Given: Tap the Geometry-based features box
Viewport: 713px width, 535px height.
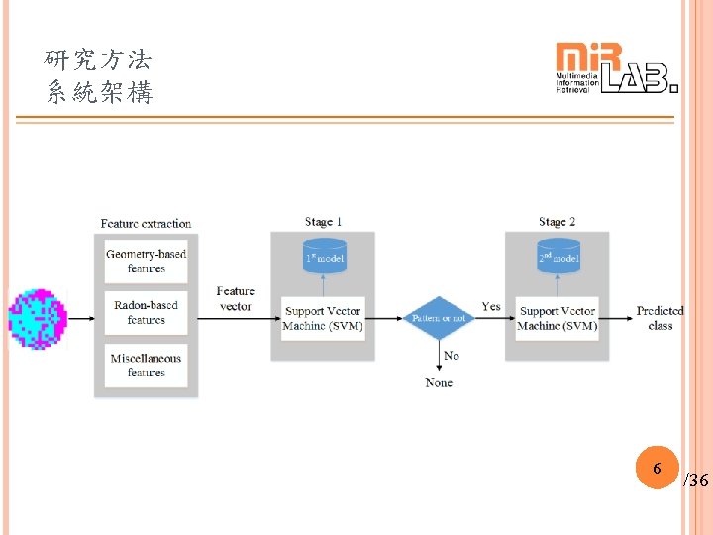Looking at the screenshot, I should pyautogui.click(x=146, y=262).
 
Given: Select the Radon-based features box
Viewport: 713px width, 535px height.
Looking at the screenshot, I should pyautogui.click(x=146, y=313).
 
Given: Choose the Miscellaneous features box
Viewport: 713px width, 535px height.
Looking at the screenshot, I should pyautogui.click(x=146, y=366).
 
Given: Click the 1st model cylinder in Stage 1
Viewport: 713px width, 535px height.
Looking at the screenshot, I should pyautogui.click(x=323, y=258).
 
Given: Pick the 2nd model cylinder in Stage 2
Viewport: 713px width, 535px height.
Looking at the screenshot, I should pyautogui.click(x=558, y=258).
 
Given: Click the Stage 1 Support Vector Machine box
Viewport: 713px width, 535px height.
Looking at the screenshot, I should pyautogui.click(x=323, y=319).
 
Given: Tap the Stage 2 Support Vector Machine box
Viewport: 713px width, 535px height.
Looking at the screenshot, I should pyautogui.click(x=558, y=319).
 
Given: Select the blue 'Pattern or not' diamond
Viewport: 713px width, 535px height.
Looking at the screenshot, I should pyautogui.click(x=439, y=319).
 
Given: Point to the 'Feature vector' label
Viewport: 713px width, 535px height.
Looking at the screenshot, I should pyautogui.click(x=236, y=299).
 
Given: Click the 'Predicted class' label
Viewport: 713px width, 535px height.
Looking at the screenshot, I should pyautogui.click(x=661, y=318).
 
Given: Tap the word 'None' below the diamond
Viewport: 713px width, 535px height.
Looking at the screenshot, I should pyautogui.click(x=439, y=383).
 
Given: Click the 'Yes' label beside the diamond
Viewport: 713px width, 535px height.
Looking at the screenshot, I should pyautogui.click(x=491, y=307).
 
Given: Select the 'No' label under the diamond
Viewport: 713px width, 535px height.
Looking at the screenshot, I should pyautogui.click(x=452, y=356).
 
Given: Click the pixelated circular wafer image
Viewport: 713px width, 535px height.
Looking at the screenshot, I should pyautogui.click(x=38, y=317).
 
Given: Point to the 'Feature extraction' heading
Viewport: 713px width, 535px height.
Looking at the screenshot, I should pyautogui.click(x=146, y=224).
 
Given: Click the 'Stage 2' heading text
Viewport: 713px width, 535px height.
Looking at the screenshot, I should pyautogui.click(x=557, y=222).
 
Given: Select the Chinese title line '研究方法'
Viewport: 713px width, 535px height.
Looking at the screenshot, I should pyautogui.click(x=99, y=60).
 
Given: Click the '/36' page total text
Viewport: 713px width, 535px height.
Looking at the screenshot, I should pyautogui.click(x=696, y=481).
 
